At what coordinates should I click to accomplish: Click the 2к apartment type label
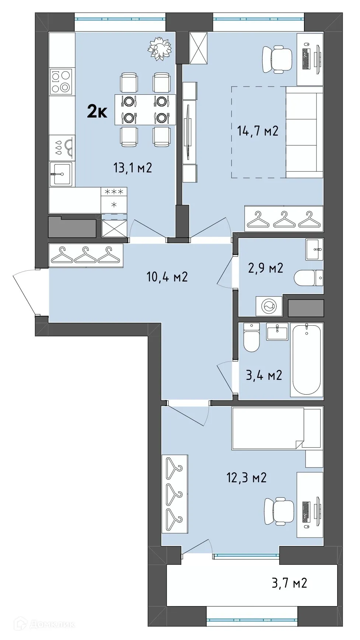pos(97,111)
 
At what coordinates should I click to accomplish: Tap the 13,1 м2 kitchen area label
pos(133,168)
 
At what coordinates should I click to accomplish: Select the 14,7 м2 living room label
pos(258,131)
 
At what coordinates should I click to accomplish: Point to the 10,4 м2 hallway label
pos(167,276)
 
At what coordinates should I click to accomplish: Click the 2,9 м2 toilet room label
pos(265,268)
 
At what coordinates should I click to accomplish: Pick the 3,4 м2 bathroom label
pos(264,375)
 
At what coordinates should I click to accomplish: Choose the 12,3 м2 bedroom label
pos(246,478)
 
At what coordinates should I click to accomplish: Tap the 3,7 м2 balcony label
pos(289,583)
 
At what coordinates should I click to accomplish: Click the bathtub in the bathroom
pos(307,360)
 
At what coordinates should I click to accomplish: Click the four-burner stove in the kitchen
pos(61,82)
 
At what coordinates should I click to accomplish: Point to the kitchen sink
pos(61,174)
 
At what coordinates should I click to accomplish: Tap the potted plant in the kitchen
pos(160,48)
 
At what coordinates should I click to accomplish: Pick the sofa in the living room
pos(304,132)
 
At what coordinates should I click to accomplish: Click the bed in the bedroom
pos(276,428)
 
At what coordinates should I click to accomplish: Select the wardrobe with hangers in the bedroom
pos(175,493)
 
